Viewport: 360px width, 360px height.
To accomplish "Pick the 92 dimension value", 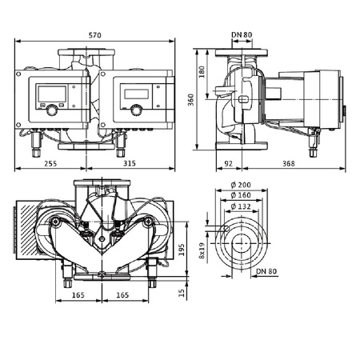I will [230, 162].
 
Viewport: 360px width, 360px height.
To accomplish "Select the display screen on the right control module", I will [134, 90].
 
